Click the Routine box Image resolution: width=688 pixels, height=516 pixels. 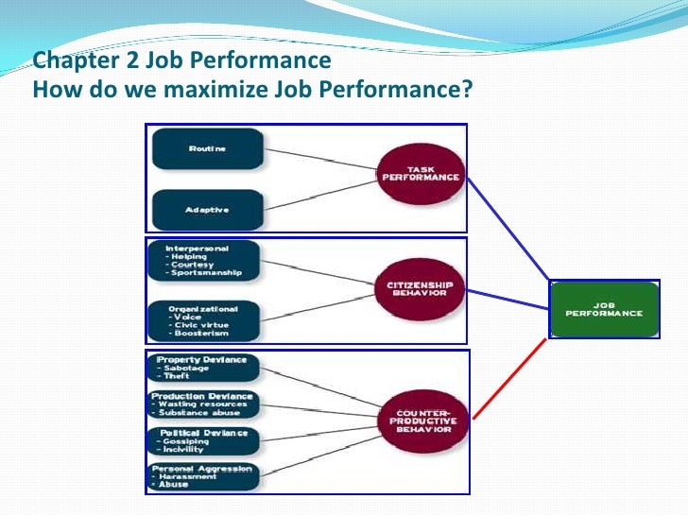click(206, 148)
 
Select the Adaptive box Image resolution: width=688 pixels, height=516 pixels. click(206, 208)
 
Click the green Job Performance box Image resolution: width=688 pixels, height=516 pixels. click(604, 309)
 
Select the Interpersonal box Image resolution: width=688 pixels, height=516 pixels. click(202, 260)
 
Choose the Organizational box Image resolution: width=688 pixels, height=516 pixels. click(202, 321)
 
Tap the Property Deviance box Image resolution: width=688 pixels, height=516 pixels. click(202, 367)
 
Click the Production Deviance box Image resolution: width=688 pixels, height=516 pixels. click(202, 404)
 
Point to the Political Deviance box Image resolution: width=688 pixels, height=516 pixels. click(202, 439)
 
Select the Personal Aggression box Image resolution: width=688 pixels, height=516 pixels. click(202, 475)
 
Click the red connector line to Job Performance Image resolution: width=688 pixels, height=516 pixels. click(510, 378)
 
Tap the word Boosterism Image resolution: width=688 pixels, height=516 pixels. click(198, 334)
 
